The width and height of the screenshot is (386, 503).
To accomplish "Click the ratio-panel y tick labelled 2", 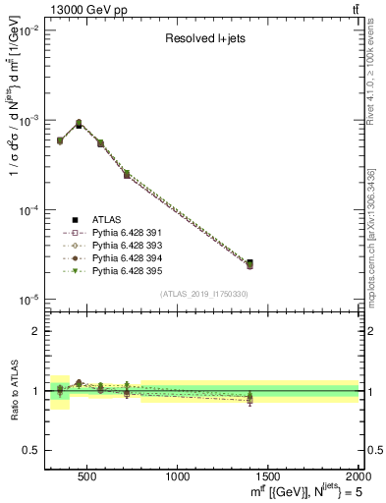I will tap(37, 331).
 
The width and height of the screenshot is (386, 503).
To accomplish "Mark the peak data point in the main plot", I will tap(79, 124).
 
